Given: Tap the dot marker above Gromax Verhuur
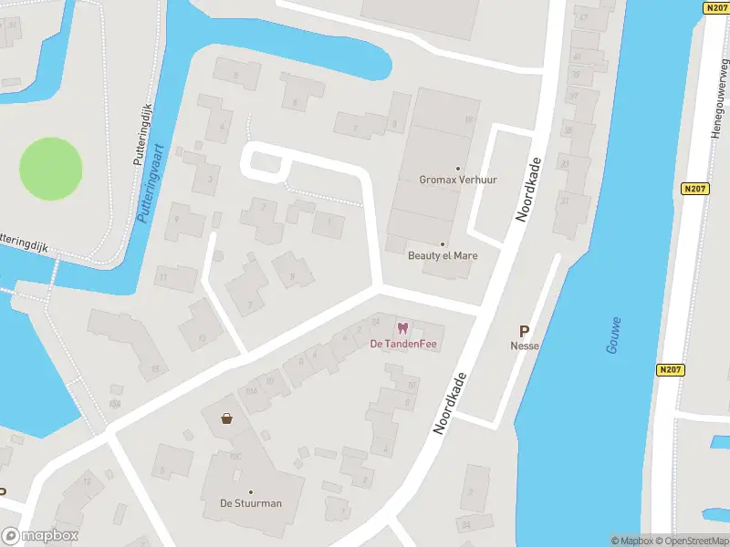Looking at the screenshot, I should click(458, 168).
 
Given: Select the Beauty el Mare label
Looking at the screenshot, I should click(443, 256).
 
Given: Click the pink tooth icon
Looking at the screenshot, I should click(401, 328).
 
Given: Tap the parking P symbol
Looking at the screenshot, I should click(525, 332).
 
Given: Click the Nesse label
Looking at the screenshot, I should click(525, 346).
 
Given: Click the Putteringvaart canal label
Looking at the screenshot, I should click(151, 182).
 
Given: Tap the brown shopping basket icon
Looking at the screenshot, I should click(225, 418).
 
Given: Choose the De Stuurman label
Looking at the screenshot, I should click(250, 503).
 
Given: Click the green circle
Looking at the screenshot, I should click(51, 169).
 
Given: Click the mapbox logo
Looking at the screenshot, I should click(40, 536).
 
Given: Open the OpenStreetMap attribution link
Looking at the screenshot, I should click(690, 541).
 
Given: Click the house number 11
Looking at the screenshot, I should click(163, 275).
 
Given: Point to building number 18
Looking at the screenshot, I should click(469, 119).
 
